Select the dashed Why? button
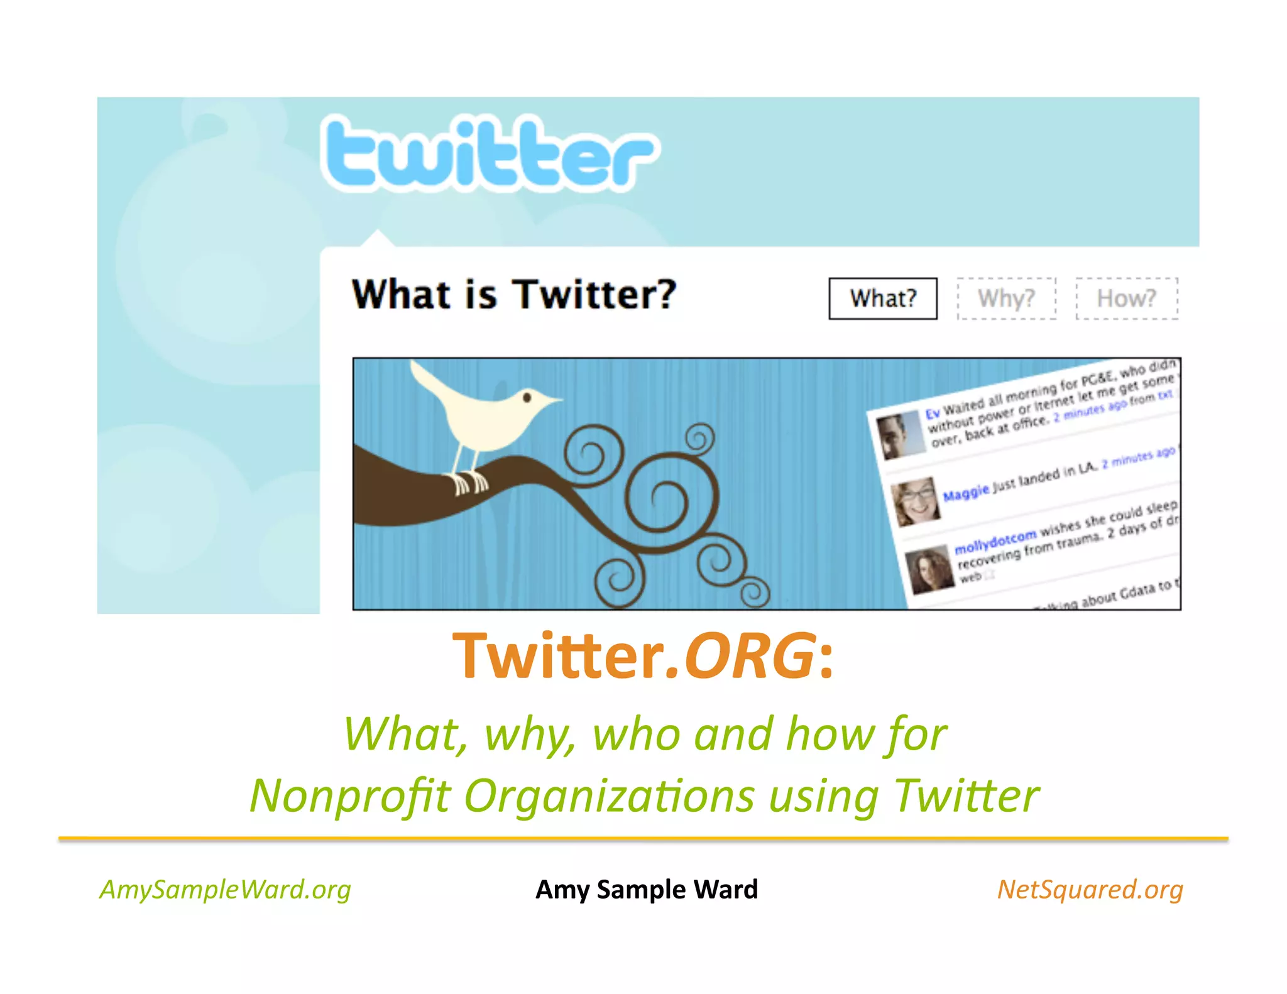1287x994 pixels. [1006, 298]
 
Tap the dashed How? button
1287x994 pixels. [1126, 298]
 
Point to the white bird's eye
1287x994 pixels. [527, 397]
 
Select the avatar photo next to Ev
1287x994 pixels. [901, 435]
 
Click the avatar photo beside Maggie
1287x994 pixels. [916, 501]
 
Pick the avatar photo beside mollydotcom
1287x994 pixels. [929, 569]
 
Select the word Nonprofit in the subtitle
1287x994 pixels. [350, 795]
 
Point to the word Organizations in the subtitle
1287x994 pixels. [608, 795]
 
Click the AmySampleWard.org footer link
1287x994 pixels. [225, 889]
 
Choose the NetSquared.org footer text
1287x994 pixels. [1090, 889]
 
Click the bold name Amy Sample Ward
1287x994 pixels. [647, 889]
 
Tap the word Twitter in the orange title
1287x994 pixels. [558, 656]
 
